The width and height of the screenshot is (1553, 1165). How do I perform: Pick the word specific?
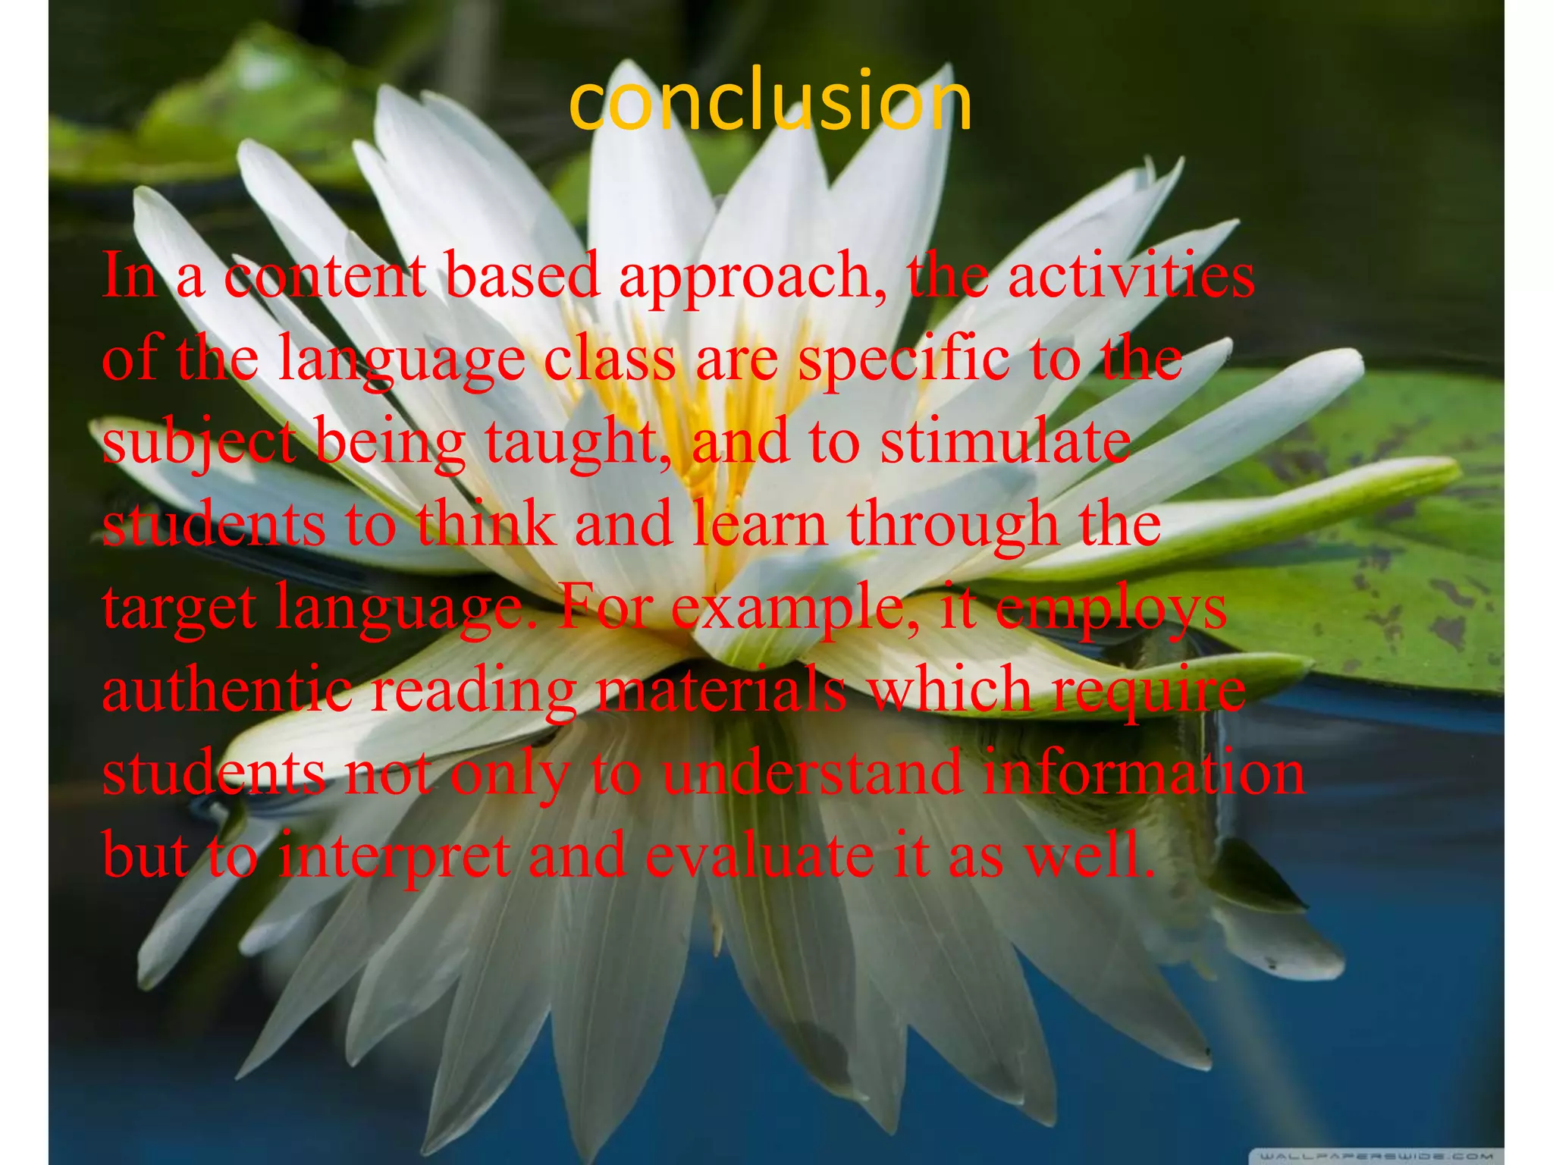(902, 360)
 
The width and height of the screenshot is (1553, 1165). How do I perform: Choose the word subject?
(199, 443)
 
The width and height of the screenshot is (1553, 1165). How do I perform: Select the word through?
(951, 526)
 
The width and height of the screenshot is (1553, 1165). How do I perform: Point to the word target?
(180, 609)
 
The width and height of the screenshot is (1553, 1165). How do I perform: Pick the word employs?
(1111, 609)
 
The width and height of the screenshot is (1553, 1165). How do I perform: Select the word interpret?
(394, 857)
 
